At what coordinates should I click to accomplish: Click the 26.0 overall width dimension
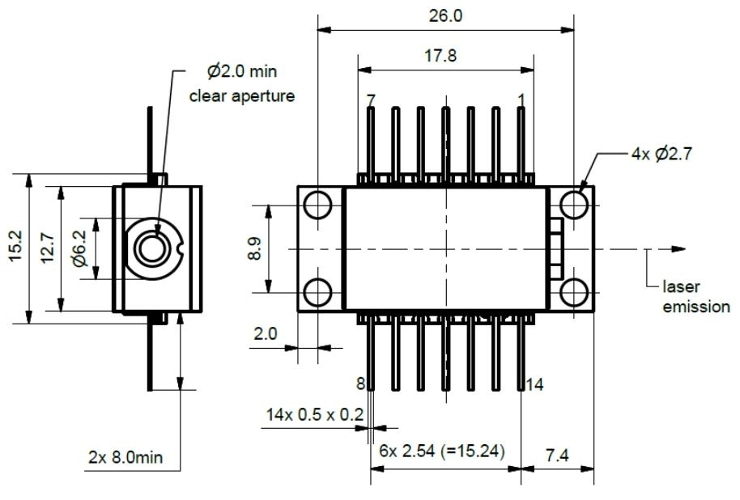point(445,16)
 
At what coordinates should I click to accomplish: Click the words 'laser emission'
point(695,297)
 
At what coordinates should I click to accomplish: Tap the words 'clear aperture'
point(241,95)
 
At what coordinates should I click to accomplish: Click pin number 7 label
point(371,100)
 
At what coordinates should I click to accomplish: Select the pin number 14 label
point(534,384)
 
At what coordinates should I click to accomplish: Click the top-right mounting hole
point(574,203)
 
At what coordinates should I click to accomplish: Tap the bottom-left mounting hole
point(318,293)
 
